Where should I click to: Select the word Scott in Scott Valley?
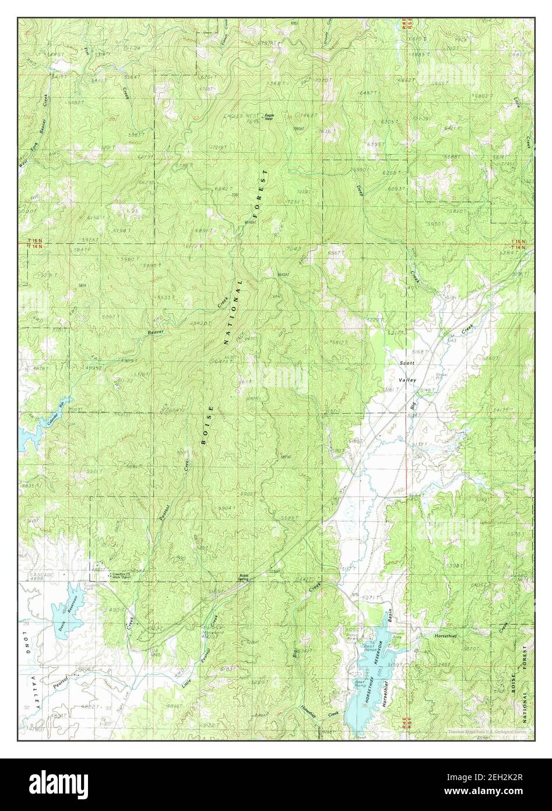coord(406,363)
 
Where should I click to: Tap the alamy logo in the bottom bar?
coord(60,783)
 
